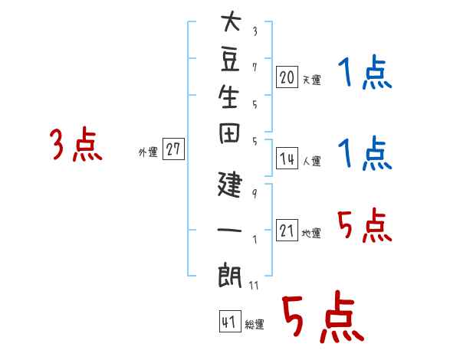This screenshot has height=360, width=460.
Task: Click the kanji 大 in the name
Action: coord(231,21)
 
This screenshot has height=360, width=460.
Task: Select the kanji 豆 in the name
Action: coord(230,60)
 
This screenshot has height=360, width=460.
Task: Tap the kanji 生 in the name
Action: coord(229,97)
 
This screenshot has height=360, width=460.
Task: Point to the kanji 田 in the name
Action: coord(229,133)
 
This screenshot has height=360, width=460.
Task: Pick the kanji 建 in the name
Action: coord(230,184)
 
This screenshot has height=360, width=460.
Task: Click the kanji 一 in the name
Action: coord(229,230)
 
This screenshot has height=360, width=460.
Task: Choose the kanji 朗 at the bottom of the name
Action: coord(229,275)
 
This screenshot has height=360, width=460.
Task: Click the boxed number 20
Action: coord(287,77)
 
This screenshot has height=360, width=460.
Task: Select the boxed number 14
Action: coord(287,158)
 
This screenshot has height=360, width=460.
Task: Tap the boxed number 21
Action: coord(287,230)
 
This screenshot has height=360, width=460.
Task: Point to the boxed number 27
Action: coord(173,149)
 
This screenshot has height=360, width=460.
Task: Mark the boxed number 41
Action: coord(230,321)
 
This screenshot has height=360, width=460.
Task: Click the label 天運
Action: coord(311,80)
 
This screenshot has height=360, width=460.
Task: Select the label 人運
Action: coord(311,161)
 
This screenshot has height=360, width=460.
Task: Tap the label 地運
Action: coord(311,233)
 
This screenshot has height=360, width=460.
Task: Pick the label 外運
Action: coord(148,152)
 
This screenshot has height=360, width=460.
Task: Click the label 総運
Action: coord(255,324)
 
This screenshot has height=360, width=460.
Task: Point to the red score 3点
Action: coord(76,144)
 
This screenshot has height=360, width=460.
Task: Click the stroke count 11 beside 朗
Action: coord(254,285)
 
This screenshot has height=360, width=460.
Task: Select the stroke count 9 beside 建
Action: coord(255,194)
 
